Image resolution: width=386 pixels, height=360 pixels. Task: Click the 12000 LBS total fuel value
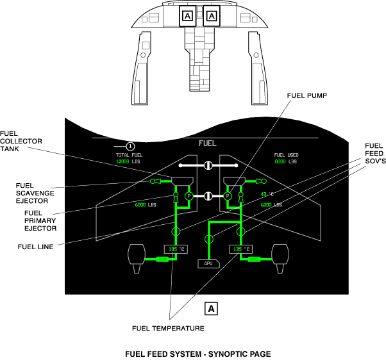pos(127,162)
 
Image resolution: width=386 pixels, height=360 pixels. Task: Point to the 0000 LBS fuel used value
pos(285,162)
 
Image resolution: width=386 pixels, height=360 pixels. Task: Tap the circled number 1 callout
pos(130,147)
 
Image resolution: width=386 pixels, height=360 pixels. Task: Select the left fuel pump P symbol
pos(189,196)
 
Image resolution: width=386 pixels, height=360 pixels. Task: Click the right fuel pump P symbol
pos(228,196)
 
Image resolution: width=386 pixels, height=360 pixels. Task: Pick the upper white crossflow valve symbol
pos(208,166)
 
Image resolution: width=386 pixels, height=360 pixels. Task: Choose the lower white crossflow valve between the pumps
pos(208,196)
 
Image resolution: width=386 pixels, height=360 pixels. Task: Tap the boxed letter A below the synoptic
pos(211,308)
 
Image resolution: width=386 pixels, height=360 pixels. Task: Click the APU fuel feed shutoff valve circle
pos(208,239)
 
